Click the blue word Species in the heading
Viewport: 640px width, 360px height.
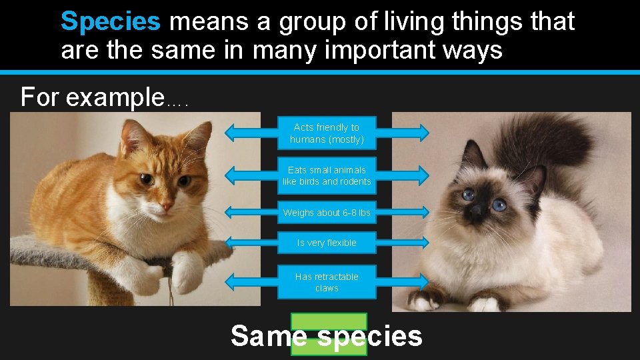click(x=110, y=21)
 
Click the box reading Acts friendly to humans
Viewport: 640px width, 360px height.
click(x=327, y=133)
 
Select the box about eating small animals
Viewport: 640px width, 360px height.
click(x=327, y=175)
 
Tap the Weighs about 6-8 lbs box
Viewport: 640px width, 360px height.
click(x=327, y=213)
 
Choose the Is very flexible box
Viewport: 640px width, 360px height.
click(x=327, y=243)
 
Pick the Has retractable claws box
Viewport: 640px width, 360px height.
click(x=327, y=282)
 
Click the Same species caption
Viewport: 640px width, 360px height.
click(x=327, y=336)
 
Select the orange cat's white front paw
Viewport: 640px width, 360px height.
click(x=187, y=271)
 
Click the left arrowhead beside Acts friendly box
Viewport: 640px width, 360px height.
click(x=231, y=133)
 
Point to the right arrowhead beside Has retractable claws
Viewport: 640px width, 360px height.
click(x=424, y=281)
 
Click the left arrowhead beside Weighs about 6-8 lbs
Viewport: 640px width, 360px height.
click(x=231, y=213)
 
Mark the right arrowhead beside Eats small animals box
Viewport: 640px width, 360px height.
click(x=424, y=175)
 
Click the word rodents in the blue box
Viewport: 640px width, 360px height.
click(x=356, y=181)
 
